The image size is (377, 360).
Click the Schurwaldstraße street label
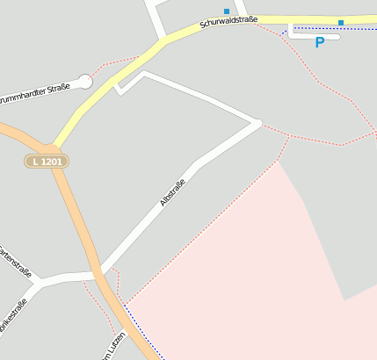click(228, 22)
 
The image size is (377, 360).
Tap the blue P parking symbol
click(320, 42)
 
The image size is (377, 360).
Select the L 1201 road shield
click(46, 161)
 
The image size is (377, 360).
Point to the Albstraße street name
click(172, 193)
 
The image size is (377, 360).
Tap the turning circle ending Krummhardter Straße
click(84, 82)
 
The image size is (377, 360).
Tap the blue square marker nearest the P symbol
click(341, 22)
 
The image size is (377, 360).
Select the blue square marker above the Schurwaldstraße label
click(227, 11)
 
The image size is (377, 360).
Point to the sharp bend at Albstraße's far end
click(257, 123)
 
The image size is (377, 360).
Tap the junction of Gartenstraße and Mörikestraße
click(38, 283)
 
